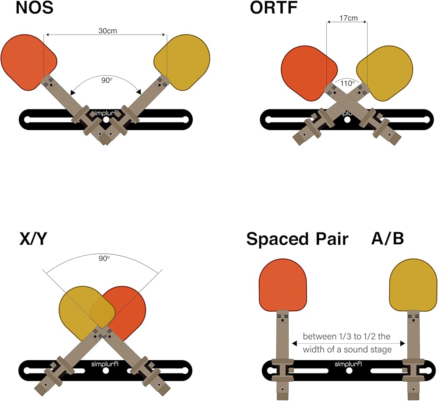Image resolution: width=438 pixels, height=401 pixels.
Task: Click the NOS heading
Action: [34, 8]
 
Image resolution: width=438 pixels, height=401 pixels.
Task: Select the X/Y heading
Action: [32, 239]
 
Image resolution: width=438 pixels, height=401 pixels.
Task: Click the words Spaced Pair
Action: [297, 239]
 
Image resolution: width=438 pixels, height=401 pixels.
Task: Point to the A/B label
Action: [387, 239]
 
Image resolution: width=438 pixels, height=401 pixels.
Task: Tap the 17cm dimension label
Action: [348, 19]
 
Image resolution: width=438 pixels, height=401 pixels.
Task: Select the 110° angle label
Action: [347, 82]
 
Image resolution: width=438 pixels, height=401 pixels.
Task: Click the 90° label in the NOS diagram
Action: [106, 80]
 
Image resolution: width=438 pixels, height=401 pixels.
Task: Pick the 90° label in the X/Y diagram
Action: [104, 259]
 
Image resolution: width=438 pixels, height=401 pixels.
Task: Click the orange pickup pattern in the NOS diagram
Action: [26, 59]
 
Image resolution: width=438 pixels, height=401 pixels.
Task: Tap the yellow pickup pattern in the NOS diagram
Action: [184, 59]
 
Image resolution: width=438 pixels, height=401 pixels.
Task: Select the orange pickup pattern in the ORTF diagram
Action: [307, 72]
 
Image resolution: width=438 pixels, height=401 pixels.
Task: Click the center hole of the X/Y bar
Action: [106, 371]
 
